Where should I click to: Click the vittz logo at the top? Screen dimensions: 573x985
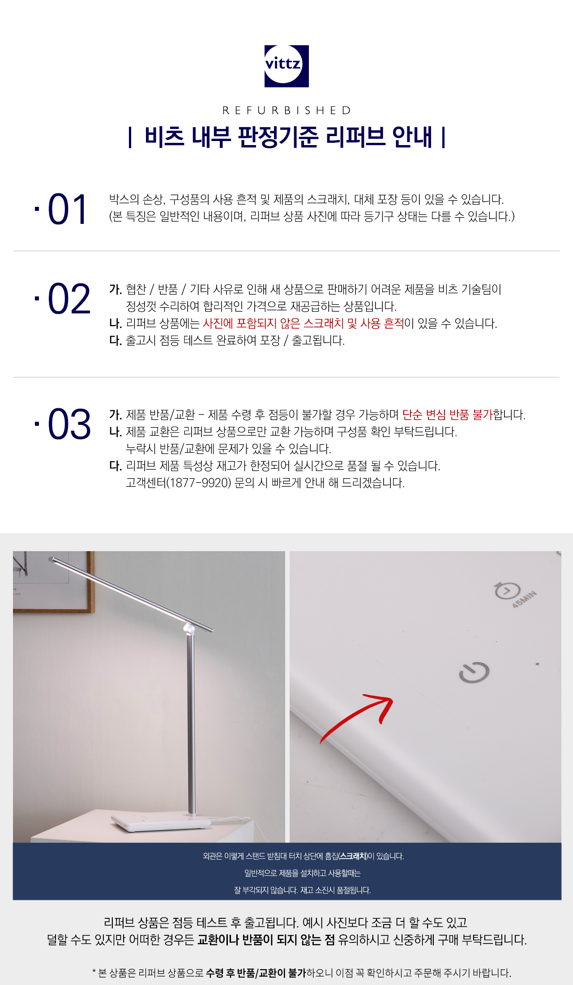286,66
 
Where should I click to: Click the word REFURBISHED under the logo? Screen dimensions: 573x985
286,110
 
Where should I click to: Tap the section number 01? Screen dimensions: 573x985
67,209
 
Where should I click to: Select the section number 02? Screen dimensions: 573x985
69,299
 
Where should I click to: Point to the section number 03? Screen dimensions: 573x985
69,424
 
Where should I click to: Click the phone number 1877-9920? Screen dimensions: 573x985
198,483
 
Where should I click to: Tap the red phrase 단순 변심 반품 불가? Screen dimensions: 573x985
447,415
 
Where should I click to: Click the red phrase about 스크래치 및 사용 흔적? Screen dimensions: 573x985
304,323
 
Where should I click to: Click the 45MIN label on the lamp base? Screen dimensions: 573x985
524,600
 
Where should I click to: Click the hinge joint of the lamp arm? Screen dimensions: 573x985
190,629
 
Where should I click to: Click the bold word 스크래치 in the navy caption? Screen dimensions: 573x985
353,856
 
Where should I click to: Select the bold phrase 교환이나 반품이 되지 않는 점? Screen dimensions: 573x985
266,939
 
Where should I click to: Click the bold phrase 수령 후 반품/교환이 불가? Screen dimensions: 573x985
256,972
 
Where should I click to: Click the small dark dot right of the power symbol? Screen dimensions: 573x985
537,664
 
